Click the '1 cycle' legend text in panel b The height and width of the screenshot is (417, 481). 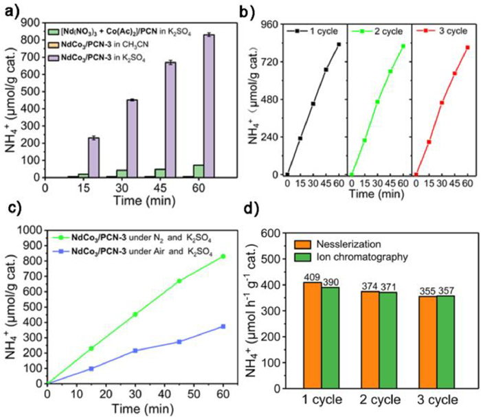[317, 31]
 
